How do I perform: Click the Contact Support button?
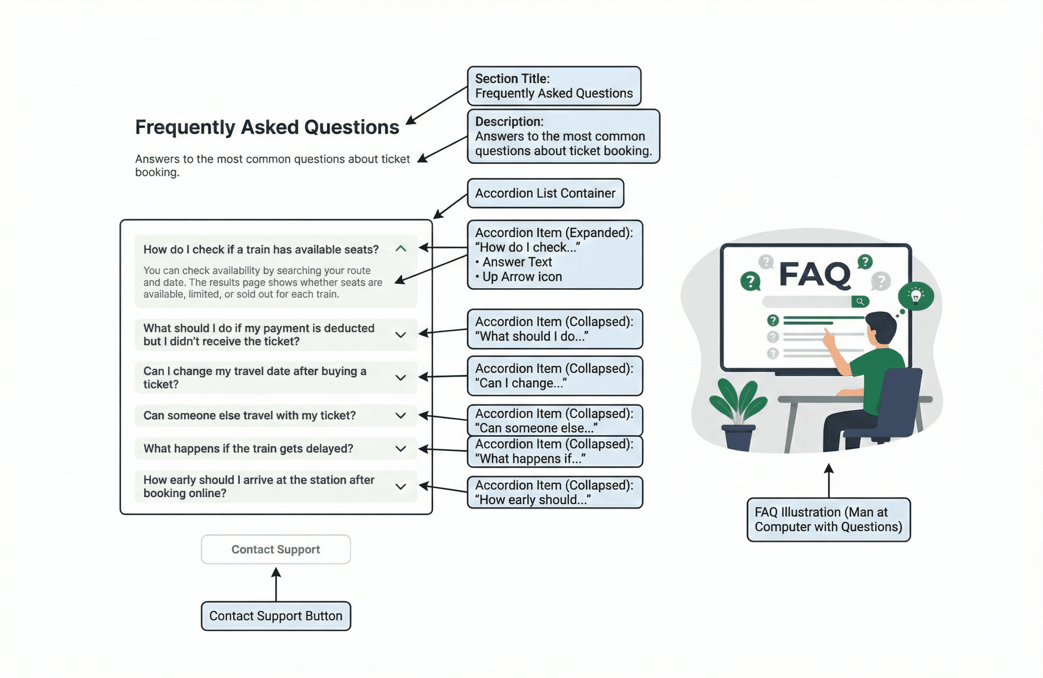276,549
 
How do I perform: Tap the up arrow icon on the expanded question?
400,249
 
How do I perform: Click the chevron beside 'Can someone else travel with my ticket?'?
400,416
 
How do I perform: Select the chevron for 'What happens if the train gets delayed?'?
400,449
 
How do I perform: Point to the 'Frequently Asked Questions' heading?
267,127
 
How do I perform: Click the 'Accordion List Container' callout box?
545,193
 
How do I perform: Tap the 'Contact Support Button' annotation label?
276,616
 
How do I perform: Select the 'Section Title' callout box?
554,86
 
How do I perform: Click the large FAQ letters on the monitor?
815,275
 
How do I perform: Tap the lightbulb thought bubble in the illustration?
915,296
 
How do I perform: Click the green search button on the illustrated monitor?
860,302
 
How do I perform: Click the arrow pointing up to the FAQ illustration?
828,480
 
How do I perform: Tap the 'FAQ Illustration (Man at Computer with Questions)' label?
828,520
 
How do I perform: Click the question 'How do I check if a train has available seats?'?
261,249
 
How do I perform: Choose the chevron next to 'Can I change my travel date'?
400,378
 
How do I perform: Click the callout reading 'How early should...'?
555,492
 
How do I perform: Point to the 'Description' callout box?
563,136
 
